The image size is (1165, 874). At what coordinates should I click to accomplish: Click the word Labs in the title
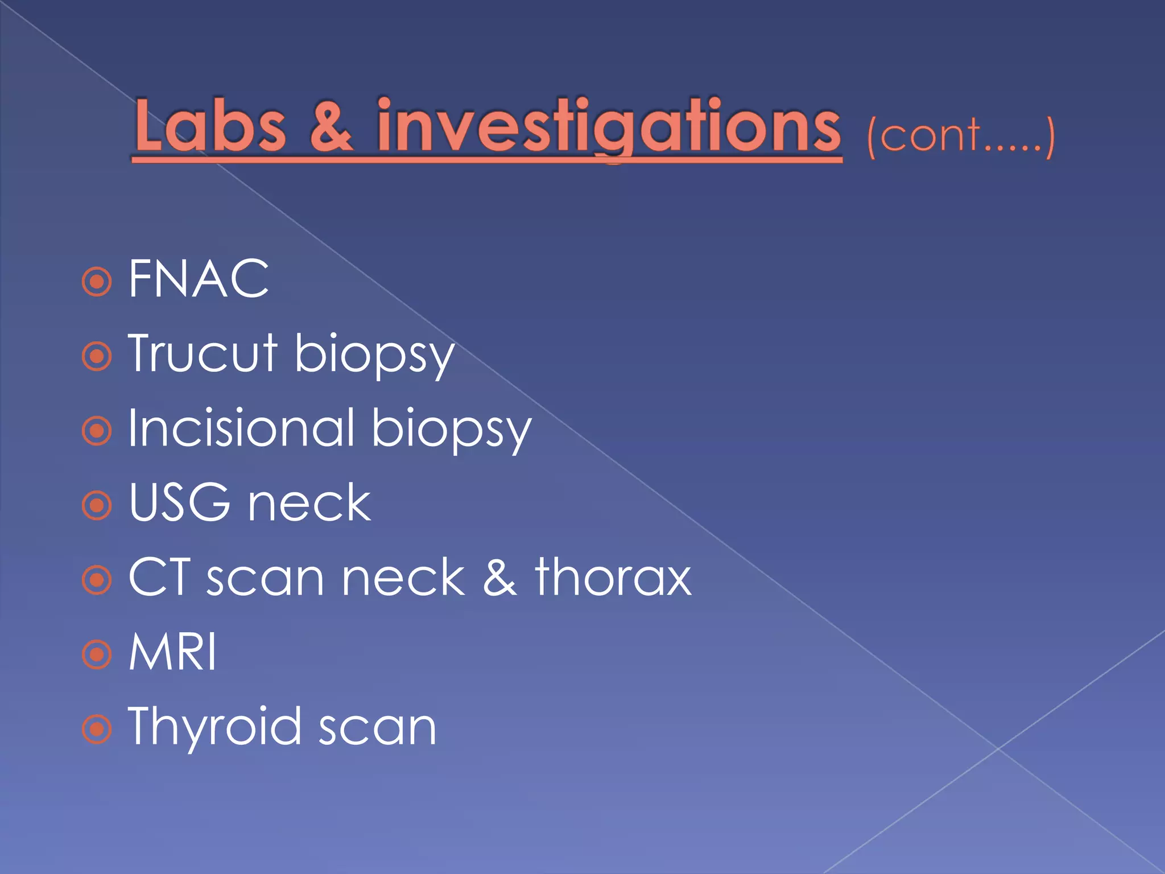point(210,126)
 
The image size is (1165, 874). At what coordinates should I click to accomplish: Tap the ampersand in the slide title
point(331,126)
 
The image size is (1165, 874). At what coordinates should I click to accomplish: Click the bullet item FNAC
point(199,279)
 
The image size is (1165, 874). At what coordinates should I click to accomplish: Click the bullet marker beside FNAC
point(97,281)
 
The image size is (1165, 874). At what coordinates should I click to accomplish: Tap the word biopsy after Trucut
point(374,356)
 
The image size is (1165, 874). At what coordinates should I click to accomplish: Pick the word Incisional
point(242,428)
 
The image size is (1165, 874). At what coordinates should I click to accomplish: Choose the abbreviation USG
point(180,502)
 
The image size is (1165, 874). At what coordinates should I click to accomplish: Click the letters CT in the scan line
point(159,577)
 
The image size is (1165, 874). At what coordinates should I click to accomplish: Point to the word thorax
point(613,577)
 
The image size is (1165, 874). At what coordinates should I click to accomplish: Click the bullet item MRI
point(172,652)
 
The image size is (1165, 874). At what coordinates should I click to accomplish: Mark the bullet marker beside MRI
point(97,654)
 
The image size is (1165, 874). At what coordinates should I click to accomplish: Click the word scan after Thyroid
point(377,729)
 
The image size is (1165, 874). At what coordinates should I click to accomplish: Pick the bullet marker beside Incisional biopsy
point(97,431)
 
